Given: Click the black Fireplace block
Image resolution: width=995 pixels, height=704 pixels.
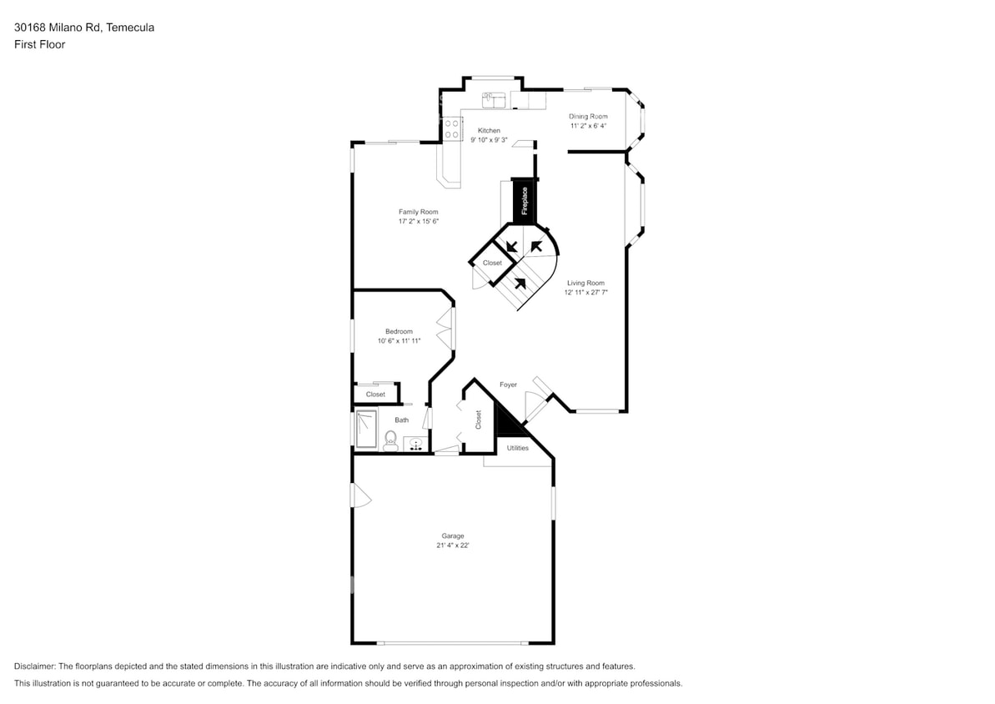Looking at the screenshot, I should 524,201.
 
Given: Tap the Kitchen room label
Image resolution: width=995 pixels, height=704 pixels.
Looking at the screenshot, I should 489,131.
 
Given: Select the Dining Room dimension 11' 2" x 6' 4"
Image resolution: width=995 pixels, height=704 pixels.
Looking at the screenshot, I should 588,126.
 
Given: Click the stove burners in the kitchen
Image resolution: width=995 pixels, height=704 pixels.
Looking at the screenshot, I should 453,128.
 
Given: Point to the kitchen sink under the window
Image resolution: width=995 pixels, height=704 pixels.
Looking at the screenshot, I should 495,101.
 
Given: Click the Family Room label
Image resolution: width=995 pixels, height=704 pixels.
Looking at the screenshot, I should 418,212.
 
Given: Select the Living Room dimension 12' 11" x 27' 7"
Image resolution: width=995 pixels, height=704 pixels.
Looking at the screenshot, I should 585,293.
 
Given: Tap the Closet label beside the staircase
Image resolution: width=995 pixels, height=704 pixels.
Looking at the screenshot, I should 492,263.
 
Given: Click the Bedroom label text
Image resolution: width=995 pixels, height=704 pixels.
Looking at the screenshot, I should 399,331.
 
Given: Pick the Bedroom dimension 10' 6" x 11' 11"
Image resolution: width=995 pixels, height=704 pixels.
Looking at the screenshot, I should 399,341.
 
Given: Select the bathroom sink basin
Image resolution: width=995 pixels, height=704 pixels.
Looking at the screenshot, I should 415,444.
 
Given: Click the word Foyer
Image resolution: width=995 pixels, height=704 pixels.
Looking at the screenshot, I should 508,385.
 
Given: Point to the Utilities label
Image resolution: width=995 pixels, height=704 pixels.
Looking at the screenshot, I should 517,448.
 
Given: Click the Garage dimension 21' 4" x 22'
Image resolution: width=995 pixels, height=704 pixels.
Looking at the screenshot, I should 453,546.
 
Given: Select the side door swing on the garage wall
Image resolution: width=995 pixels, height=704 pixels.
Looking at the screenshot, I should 360,496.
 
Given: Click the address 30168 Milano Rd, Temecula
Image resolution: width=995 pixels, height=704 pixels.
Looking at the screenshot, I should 83,28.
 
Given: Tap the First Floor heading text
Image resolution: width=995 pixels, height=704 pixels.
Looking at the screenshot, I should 39,44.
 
